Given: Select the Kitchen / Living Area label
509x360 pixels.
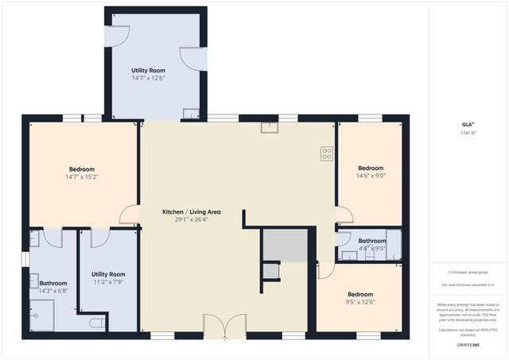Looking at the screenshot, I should pyautogui.click(x=191, y=212).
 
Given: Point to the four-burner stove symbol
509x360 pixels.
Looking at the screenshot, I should pyautogui.click(x=326, y=154).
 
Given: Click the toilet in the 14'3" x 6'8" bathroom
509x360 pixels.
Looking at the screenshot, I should pyautogui.click(x=95, y=323).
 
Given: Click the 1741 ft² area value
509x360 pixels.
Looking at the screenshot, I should pyautogui.click(x=467, y=134).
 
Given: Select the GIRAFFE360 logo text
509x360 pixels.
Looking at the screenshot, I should pyautogui.click(x=468, y=346).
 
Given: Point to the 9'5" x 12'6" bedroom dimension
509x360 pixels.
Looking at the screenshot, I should pyautogui.click(x=359, y=301).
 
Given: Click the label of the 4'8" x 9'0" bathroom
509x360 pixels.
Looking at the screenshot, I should pyautogui.click(x=371, y=241).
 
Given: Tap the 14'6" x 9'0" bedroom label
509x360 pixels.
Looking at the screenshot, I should pyautogui.click(x=371, y=168).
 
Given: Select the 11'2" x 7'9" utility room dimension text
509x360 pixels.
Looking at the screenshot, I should pyautogui.click(x=107, y=281).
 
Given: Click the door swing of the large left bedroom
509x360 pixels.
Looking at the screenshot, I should pyautogui.click(x=128, y=215).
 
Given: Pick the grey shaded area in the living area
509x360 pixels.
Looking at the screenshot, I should pyautogui.click(x=285, y=245).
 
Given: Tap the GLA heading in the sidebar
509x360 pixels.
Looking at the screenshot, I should pyautogui.click(x=467, y=125).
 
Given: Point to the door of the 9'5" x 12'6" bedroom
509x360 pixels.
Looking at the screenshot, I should pyautogui.click(x=325, y=271).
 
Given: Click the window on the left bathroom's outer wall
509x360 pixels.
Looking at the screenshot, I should pyautogui.click(x=25, y=259).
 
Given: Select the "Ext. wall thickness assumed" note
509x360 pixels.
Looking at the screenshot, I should pyautogui.click(x=468, y=285).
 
